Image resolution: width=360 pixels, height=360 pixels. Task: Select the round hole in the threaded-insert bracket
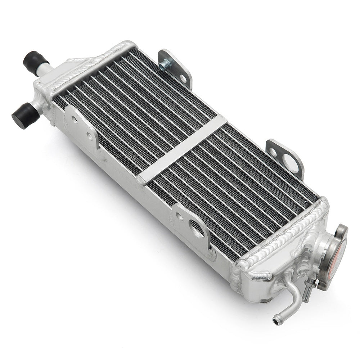pyautogui.click(x=183, y=78)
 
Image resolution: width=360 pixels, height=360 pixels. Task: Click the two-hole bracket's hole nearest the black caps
pyautogui.click(x=75, y=120)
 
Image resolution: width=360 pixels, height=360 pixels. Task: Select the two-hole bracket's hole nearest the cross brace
pyautogui.click(x=89, y=136)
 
